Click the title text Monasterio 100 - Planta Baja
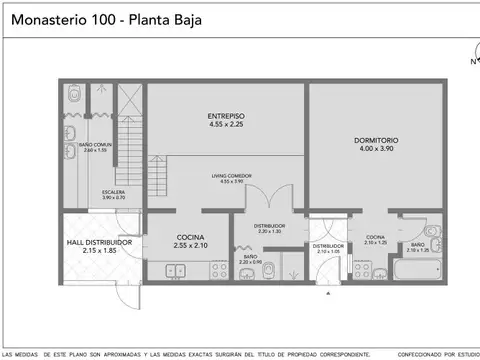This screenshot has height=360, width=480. pos(102,18)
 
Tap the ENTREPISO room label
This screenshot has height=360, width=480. pos(227,116)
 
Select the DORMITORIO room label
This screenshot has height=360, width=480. pos(376,139)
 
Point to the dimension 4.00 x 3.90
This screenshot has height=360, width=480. pos(376,149)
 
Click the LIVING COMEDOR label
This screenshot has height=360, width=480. pos(227,175)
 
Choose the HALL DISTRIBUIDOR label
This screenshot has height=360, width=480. pos(100,242)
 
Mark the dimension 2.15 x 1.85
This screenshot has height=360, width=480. pos(100,251)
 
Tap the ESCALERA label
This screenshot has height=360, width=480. pos(114,192)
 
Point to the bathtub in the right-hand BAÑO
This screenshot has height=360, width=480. pos(410,270)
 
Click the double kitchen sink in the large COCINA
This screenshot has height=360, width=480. pos(177,270)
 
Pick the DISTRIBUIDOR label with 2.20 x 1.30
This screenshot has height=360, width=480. pos(268,226)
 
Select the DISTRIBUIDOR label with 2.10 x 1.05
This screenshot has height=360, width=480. pos(329,246)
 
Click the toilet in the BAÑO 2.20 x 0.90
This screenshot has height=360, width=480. pos(268,269)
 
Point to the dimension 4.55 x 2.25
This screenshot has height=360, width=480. pos(227,125)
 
